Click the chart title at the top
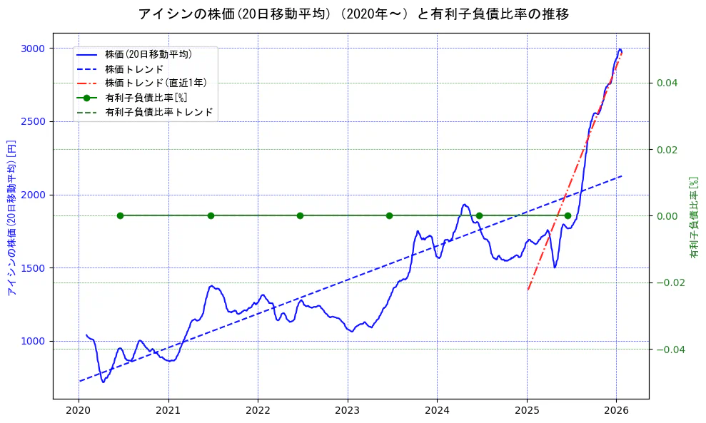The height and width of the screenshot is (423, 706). pyautogui.click(x=353, y=14)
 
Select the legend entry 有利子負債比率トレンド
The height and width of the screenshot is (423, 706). pyautogui.click(x=158, y=112)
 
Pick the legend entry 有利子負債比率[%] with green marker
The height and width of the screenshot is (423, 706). pyautogui.click(x=146, y=98)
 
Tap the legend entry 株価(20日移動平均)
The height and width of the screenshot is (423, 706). pyautogui.click(x=148, y=53)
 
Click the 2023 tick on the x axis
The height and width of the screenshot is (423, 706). pyautogui.click(x=348, y=410)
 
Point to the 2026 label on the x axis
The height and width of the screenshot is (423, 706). pyautogui.click(x=616, y=410)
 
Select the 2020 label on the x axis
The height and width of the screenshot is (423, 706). pyautogui.click(x=79, y=410)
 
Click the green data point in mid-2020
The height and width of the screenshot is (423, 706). pyautogui.click(x=120, y=215)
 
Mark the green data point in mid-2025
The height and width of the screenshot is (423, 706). pyautogui.click(x=568, y=215)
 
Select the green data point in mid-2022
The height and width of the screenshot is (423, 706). pyautogui.click(x=300, y=215)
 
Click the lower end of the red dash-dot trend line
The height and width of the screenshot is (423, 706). pyautogui.click(x=528, y=290)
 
